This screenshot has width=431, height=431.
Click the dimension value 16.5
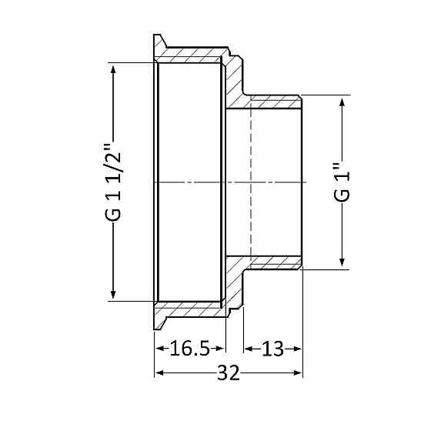[190, 349]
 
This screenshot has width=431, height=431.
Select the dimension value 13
[272, 349]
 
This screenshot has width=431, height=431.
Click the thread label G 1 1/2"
[114, 183]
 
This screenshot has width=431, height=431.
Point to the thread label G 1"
[342, 183]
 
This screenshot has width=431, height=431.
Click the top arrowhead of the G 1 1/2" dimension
[114, 70]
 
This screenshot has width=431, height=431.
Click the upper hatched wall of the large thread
[192, 54]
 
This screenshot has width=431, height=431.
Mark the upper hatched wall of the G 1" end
[273, 101]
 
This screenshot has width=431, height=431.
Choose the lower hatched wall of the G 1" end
[273, 263]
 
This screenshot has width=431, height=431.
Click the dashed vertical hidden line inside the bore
[252, 182]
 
